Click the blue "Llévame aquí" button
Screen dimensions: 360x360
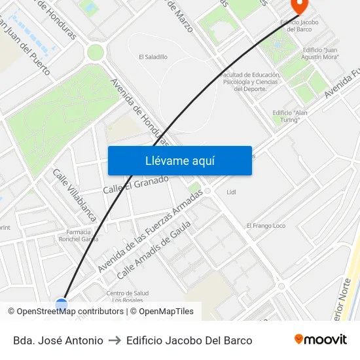coord(179,160)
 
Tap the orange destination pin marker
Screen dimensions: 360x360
coord(298,6)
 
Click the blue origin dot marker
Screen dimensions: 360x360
coord(62,304)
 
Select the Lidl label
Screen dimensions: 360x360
coord(231,192)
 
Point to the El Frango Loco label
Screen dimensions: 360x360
coord(266,226)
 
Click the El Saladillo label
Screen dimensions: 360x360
coord(153,57)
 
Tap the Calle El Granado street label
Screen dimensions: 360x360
coord(135,184)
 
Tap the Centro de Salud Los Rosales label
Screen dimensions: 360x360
coord(127,297)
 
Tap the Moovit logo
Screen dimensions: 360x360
coord(320,340)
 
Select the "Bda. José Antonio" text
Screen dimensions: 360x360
coord(58,340)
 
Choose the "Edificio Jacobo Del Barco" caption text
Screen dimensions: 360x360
coord(189,340)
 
